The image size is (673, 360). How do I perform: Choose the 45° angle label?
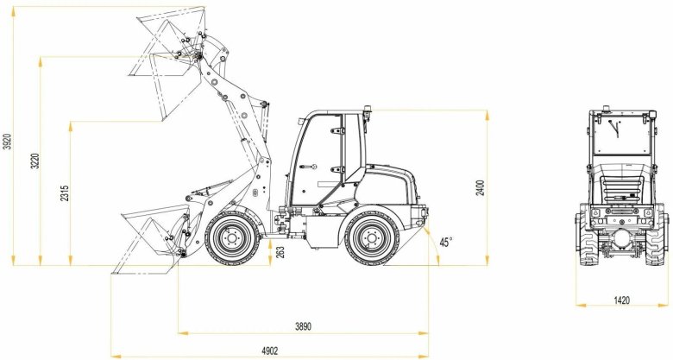(446, 243)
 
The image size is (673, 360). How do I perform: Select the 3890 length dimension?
(302, 325)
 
